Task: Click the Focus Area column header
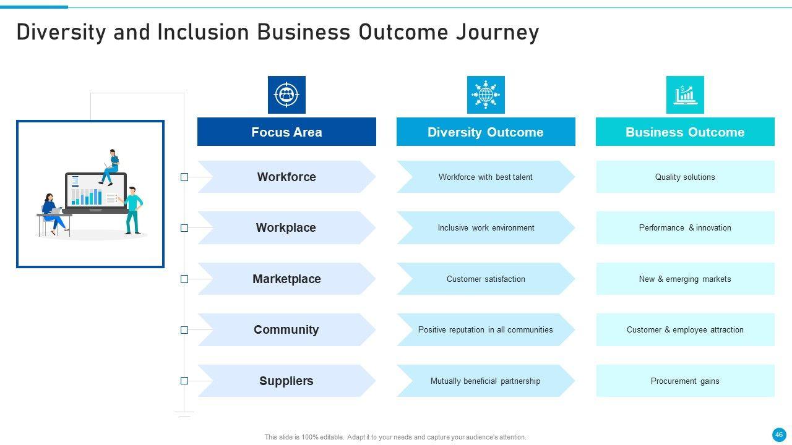pos(286,132)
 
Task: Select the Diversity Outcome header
pos(486,132)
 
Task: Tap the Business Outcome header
pos(685,132)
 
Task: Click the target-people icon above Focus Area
pos(286,95)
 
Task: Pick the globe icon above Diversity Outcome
pos(486,95)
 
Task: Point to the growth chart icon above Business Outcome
pos(685,95)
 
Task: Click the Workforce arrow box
pos(286,177)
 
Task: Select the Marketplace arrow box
pos(286,279)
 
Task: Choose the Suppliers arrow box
pos(286,381)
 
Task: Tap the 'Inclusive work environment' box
pos(486,227)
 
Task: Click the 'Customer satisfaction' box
pos(486,279)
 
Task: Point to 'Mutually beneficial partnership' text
pos(485,381)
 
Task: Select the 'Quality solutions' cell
pos(685,177)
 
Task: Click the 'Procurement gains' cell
pos(685,381)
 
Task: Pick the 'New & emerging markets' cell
pos(685,279)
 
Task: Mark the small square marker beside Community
pos(184,330)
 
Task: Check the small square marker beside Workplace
pos(184,228)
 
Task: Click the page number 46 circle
pos(779,434)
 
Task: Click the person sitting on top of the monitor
pos(111,166)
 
